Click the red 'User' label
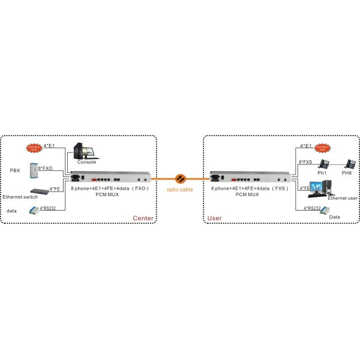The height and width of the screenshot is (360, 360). coord(214,218)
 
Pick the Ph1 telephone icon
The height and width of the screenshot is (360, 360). coord(322,164)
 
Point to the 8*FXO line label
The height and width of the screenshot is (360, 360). coord(46,170)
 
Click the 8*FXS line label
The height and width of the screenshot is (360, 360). coord(305,161)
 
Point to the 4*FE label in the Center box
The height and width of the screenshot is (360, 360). coord(54,188)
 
